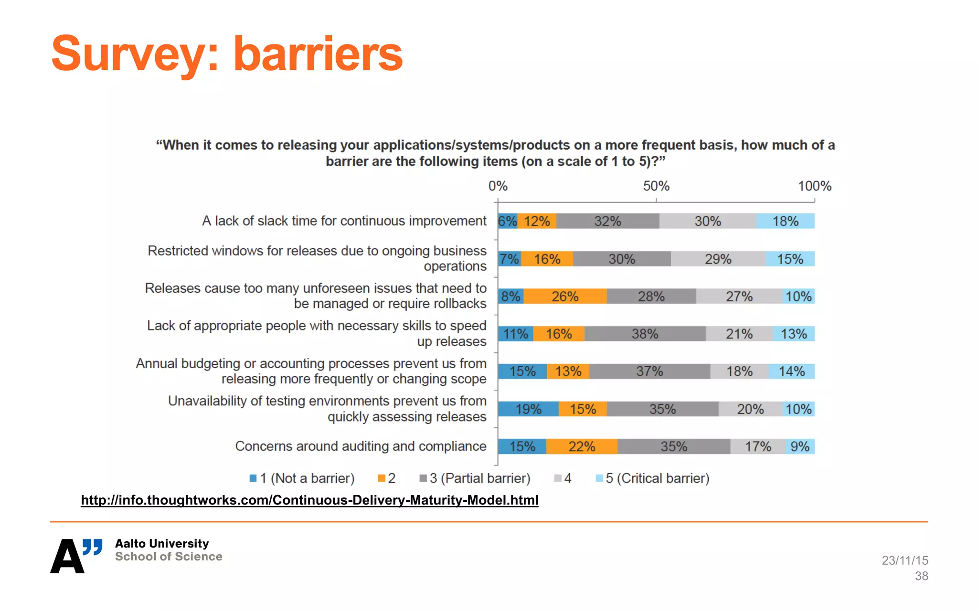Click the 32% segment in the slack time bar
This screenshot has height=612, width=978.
tap(607, 221)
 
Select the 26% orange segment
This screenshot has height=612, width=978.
tap(565, 296)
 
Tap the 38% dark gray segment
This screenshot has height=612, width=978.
tap(645, 334)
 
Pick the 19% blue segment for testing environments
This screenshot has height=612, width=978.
tap(528, 409)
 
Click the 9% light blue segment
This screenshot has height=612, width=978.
tap(800, 447)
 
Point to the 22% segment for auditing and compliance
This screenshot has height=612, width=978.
tap(582, 447)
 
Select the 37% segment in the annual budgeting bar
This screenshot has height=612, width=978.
tap(649, 372)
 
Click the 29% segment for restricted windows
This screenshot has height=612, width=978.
tap(718, 259)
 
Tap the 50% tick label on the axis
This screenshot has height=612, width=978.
tap(656, 186)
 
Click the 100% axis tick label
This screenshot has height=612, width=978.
tap(815, 186)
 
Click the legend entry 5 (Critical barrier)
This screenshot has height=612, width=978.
tap(653, 478)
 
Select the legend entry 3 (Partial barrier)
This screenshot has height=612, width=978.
tap(475, 478)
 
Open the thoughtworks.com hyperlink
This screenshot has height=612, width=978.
tap(309, 500)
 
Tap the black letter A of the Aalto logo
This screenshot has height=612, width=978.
tap(67, 557)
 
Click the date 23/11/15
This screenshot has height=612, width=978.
tap(904, 560)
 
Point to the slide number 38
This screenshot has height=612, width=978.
tap(921, 576)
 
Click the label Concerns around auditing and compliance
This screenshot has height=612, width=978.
tap(361, 446)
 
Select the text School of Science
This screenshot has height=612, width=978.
tap(169, 557)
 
